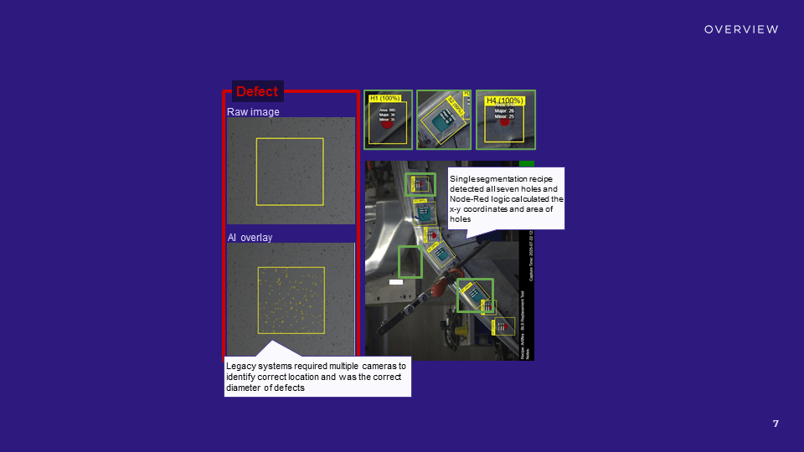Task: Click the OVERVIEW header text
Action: [x=741, y=29]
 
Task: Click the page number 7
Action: [x=776, y=424]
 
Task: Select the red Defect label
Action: [x=257, y=91]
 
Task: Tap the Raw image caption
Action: [x=253, y=111]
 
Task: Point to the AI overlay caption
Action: [x=250, y=238]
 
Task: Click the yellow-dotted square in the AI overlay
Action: [x=291, y=297]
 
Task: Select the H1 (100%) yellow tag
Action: [x=384, y=99]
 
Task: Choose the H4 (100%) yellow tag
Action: [x=504, y=100]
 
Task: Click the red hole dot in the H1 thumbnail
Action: [x=387, y=125]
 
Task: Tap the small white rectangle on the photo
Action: [x=396, y=282]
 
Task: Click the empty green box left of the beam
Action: [x=410, y=262]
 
